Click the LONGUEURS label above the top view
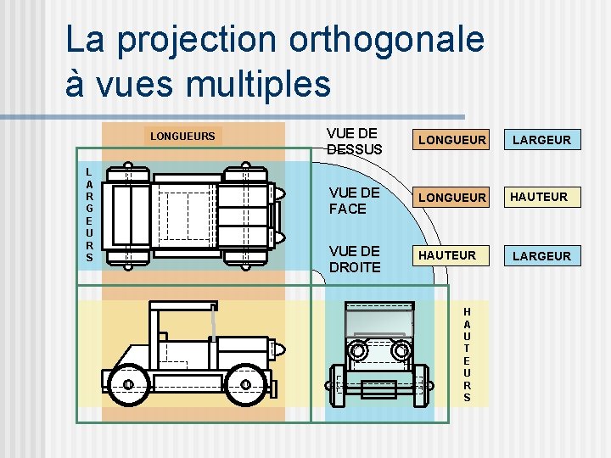[182, 136]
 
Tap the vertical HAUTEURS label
[467, 355]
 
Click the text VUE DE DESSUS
[354, 141]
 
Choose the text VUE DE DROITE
[355, 259]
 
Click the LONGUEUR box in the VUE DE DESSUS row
[452, 139]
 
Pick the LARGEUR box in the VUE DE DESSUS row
[541, 139]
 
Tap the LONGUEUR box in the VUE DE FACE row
[452, 197]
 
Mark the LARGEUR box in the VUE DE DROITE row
[541, 255]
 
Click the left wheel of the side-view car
[127, 384]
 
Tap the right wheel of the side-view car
[245, 384]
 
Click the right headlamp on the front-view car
[398, 350]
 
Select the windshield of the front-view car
[378, 321]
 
